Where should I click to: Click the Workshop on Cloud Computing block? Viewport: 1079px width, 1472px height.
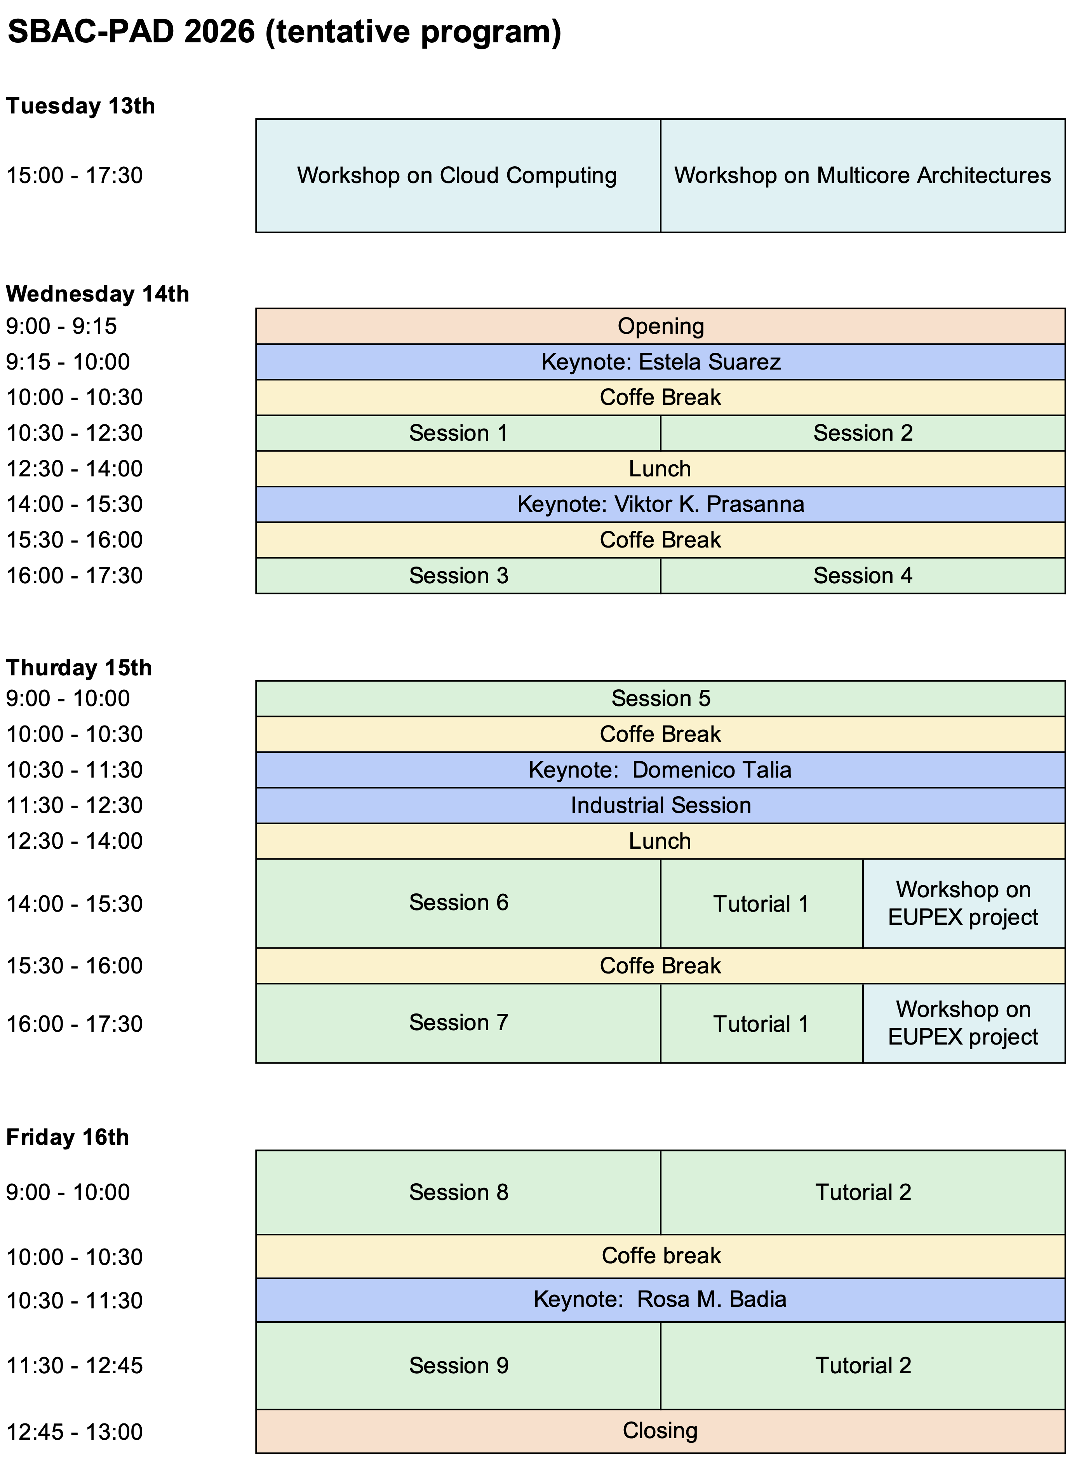coord(458,175)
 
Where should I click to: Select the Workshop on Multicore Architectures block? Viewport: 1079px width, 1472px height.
coord(863,175)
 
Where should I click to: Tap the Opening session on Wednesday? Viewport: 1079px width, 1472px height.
coord(660,326)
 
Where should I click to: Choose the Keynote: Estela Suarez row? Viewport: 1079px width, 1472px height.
coord(660,362)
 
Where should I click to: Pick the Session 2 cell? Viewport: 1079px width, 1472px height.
coord(863,433)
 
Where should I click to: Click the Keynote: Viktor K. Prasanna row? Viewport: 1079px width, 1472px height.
coord(660,504)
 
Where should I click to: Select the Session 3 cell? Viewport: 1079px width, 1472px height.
coord(458,576)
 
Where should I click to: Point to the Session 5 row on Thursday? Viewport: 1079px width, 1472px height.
coord(660,698)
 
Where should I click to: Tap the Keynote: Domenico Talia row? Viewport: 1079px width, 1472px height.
coord(660,770)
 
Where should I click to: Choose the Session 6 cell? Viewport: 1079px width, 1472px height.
coord(458,903)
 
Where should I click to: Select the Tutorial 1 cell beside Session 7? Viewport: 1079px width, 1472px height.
coord(762,1023)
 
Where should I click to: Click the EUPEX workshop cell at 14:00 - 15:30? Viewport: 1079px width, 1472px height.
coord(964,903)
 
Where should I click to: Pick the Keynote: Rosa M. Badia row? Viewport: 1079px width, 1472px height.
coord(660,1299)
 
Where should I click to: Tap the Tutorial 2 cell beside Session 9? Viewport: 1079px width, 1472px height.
coord(863,1366)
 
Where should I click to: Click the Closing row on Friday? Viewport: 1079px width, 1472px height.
coord(660,1431)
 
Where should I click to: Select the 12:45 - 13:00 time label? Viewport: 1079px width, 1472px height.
coord(75,1432)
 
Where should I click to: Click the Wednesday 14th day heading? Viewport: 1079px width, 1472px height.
coord(98,294)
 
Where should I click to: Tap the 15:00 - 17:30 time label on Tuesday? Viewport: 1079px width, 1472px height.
coord(75,175)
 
